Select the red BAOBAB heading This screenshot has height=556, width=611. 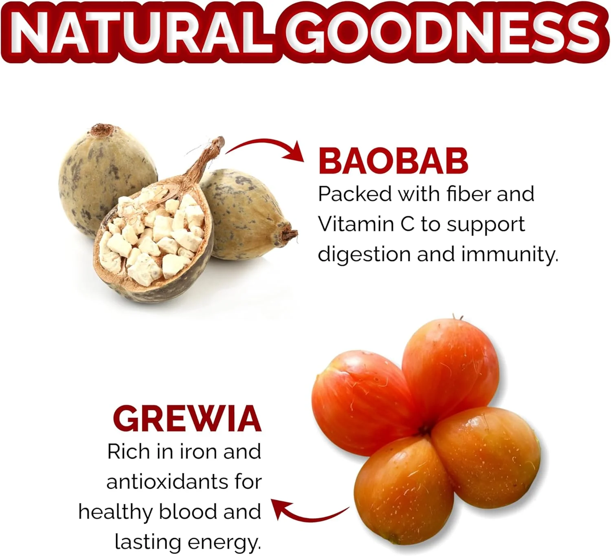[393, 161]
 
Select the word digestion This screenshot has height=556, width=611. [364, 255]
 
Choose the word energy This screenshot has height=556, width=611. [224, 543]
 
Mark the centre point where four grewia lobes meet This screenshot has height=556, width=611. [424, 430]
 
